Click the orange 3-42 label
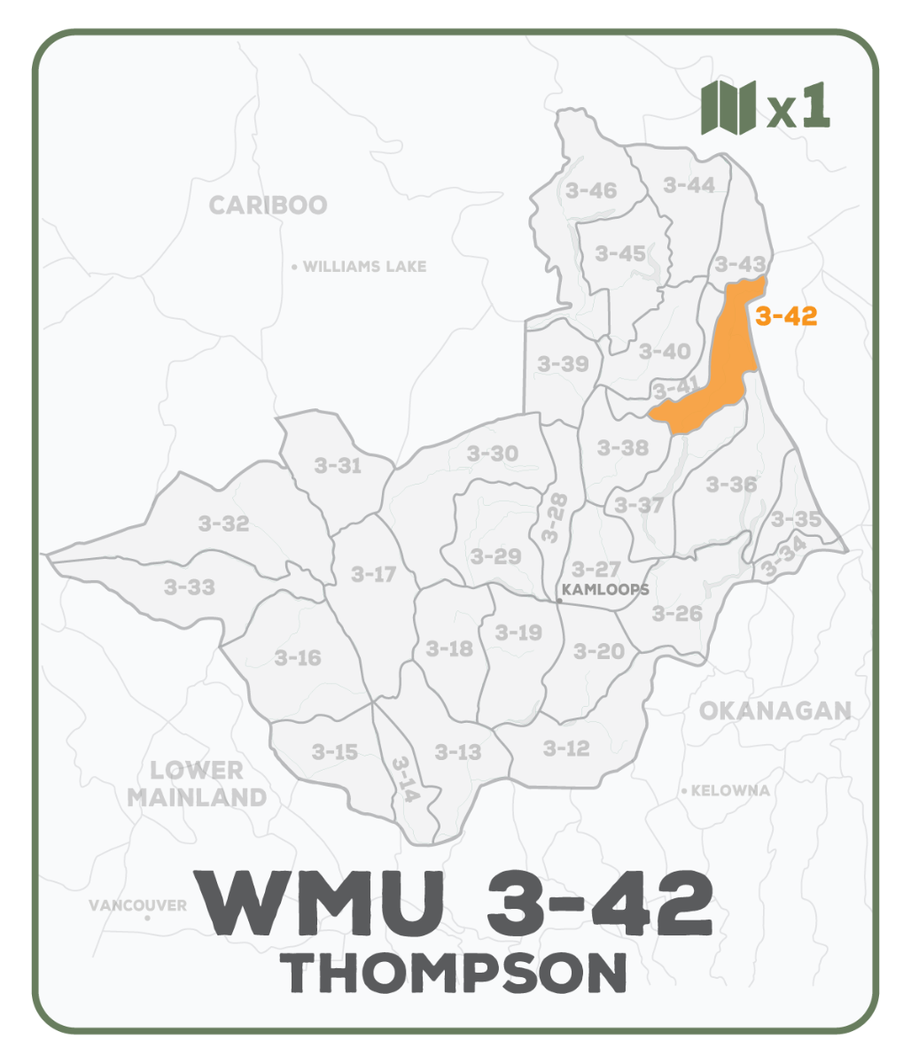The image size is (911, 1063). coord(786,316)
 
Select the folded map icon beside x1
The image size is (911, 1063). coord(728,108)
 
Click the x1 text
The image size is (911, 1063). coord(798,108)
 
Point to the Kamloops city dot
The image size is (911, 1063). coord(559,601)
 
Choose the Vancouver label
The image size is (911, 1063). coord(137,905)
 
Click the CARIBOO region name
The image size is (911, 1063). coord(268,206)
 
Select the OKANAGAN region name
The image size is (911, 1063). coord(775,710)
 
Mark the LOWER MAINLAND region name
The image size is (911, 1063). coord(197,783)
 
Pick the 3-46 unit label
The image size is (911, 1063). coord(590,190)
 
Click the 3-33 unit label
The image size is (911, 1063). coord(189,586)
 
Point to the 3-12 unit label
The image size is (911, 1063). coord(565,749)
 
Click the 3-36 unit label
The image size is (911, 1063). coord(731,485)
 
